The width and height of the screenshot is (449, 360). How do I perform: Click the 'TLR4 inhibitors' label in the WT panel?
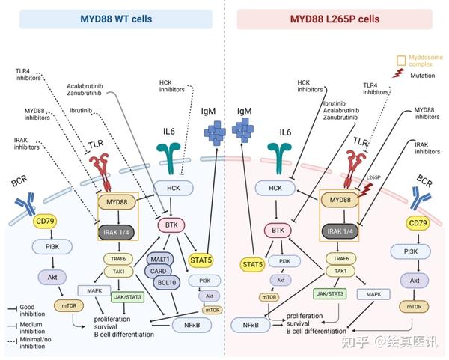[29, 76]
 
